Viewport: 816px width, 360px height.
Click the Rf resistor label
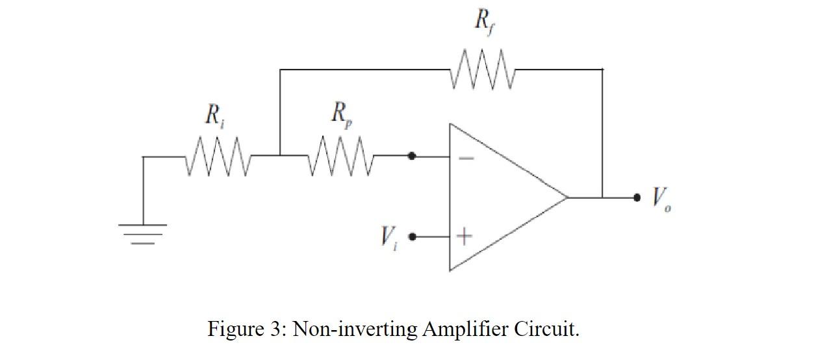(x=483, y=21)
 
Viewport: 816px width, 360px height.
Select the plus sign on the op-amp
(x=464, y=237)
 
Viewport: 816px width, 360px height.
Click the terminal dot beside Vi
(x=412, y=237)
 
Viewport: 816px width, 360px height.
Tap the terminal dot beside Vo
(x=637, y=197)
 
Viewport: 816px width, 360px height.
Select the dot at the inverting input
(x=412, y=156)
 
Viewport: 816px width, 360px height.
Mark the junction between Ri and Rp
(x=280, y=156)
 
